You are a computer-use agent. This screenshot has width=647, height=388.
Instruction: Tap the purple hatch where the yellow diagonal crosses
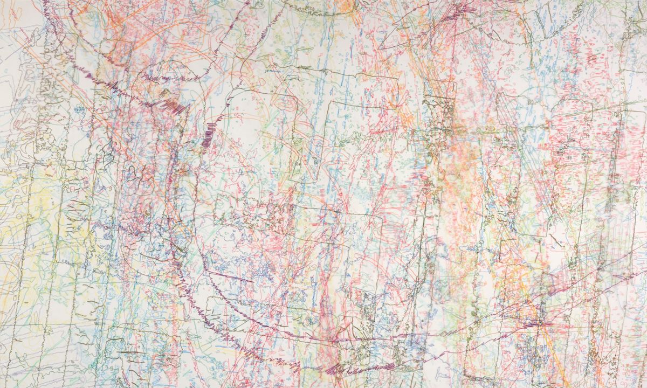click(539, 324)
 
